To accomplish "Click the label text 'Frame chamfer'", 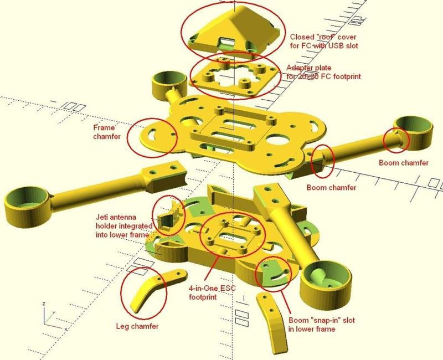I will pos(109,131).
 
